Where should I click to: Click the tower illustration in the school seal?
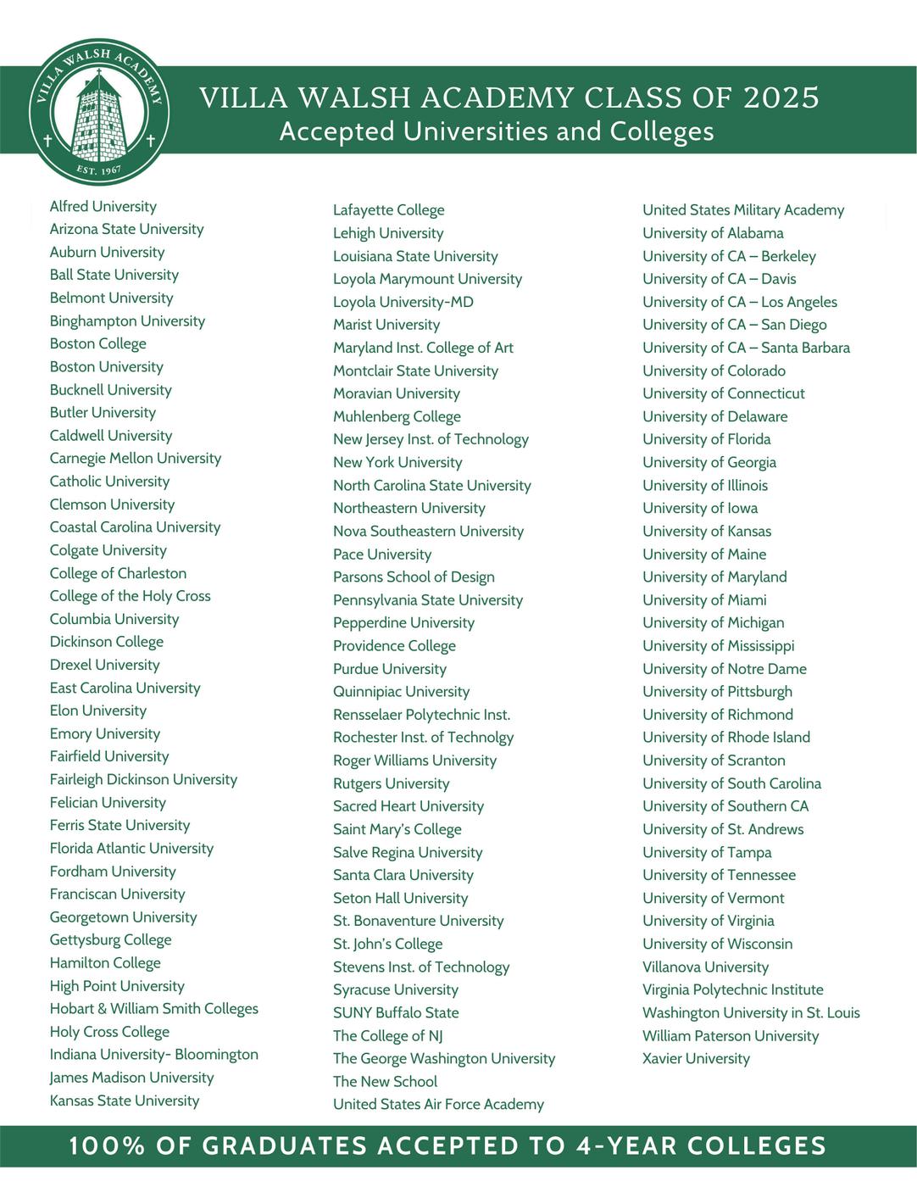[x=99, y=117]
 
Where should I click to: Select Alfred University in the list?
[x=103, y=206]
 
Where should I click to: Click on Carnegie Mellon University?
[x=135, y=458]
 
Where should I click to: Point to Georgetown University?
[x=123, y=917]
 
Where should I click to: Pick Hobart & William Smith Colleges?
[x=153, y=1008]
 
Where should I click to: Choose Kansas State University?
[x=124, y=1101]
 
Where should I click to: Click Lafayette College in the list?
[x=388, y=209]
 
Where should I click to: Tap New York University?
[x=397, y=462]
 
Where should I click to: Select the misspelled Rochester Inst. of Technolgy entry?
[x=423, y=737]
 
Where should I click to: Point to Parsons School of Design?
[x=414, y=577]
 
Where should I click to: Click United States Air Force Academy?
[x=438, y=1104]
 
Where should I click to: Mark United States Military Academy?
[x=743, y=209]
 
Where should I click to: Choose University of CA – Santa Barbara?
[x=746, y=348]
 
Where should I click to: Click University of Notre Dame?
[x=725, y=668]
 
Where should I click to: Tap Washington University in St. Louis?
[x=751, y=1012]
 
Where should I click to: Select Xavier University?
[x=696, y=1058]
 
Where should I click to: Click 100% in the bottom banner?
[x=107, y=1146]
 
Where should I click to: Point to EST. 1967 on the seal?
[x=99, y=170]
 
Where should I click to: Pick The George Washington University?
[x=444, y=1058]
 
